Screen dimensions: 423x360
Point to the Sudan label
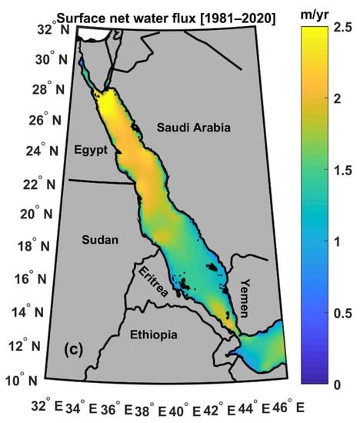click(x=101, y=240)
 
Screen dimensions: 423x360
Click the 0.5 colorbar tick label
click(x=345, y=312)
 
